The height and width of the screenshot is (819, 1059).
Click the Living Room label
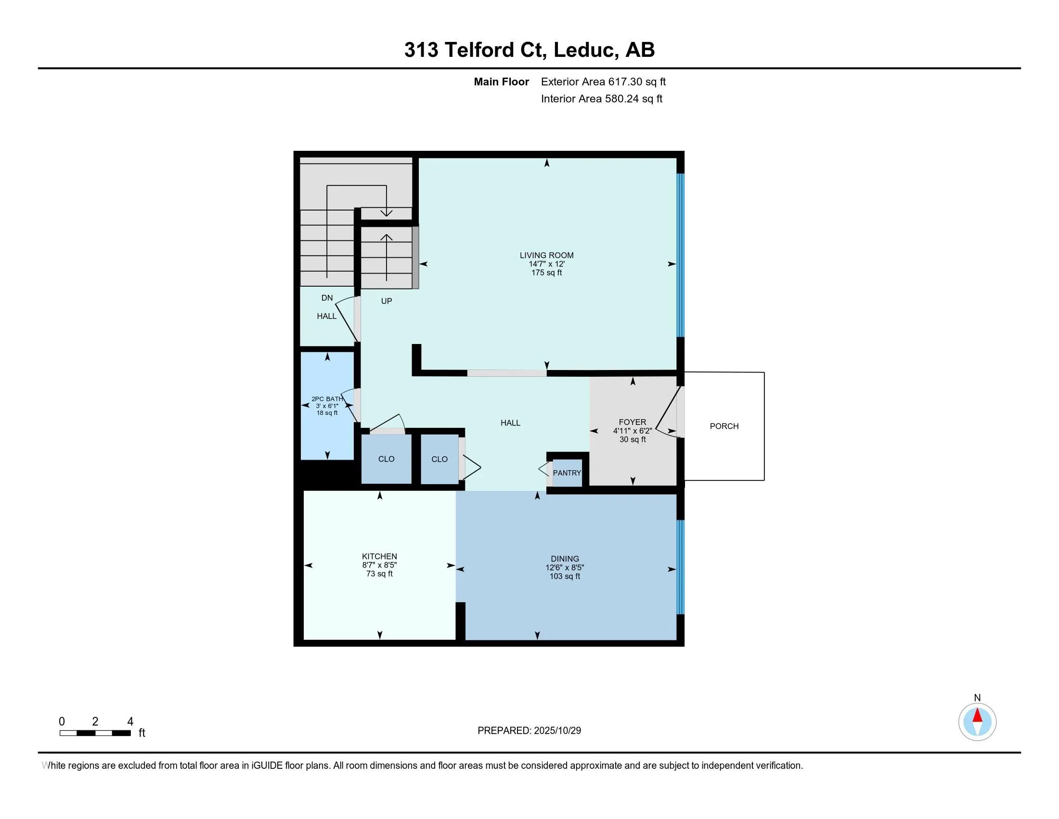coord(546,255)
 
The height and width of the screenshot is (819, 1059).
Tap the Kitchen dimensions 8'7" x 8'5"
coord(379,565)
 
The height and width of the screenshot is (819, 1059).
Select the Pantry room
coord(567,473)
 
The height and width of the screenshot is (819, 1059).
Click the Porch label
coord(724,426)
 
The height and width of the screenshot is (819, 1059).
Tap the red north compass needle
coord(978,715)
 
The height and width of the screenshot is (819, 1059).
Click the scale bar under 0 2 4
coord(95,733)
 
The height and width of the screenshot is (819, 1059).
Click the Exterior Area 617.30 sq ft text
coord(603,82)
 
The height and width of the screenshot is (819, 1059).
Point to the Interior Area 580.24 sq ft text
coord(601,99)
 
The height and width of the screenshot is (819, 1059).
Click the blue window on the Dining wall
coord(680,567)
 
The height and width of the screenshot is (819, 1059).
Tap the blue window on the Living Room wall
coord(680,255)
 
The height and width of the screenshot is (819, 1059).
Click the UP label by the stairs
coord(387,301)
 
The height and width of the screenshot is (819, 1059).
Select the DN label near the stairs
coord(327,298)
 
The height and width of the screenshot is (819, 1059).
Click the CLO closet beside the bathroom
coord(387,459)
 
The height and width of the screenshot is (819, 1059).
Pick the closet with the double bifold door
coord(439,460)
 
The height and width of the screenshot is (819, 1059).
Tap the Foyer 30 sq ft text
coord(633,439)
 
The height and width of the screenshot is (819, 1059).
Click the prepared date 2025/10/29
coord(557,731)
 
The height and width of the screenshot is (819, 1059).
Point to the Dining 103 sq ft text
coord(565,576)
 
